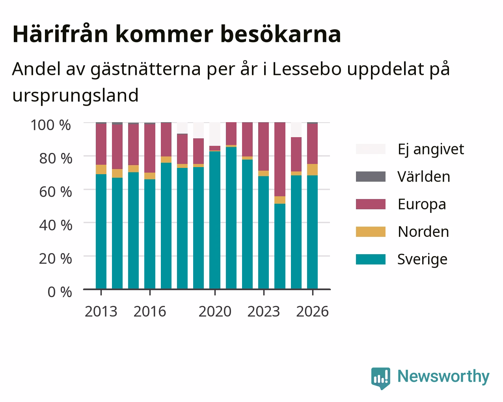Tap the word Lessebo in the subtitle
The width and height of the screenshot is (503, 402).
coord(307,69)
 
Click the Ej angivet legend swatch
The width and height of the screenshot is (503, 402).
coord(371,149)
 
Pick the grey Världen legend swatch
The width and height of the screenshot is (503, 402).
coord(371,177)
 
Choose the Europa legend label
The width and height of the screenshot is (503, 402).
coord(422,205)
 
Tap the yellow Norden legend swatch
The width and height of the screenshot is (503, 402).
coord(371,232)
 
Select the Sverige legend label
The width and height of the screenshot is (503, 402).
coord(422,260)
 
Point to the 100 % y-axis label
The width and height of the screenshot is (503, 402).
coord(51,125)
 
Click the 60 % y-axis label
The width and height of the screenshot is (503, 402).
coord(56,192)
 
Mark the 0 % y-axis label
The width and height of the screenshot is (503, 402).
coord(60,292)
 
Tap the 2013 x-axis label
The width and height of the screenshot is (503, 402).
coord(101,311)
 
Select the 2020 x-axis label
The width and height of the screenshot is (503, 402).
coord(215,311)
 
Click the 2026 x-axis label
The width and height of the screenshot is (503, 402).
coord(313,311)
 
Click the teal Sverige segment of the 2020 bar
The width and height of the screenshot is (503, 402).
coord(215,220)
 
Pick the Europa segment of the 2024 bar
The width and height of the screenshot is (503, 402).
coord(280,159)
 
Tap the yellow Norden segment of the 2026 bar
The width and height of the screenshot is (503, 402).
coord(312,170)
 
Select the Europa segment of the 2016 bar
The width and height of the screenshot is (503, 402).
coord(149,148)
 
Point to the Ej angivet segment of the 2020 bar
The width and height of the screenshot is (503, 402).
coord(215,134)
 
